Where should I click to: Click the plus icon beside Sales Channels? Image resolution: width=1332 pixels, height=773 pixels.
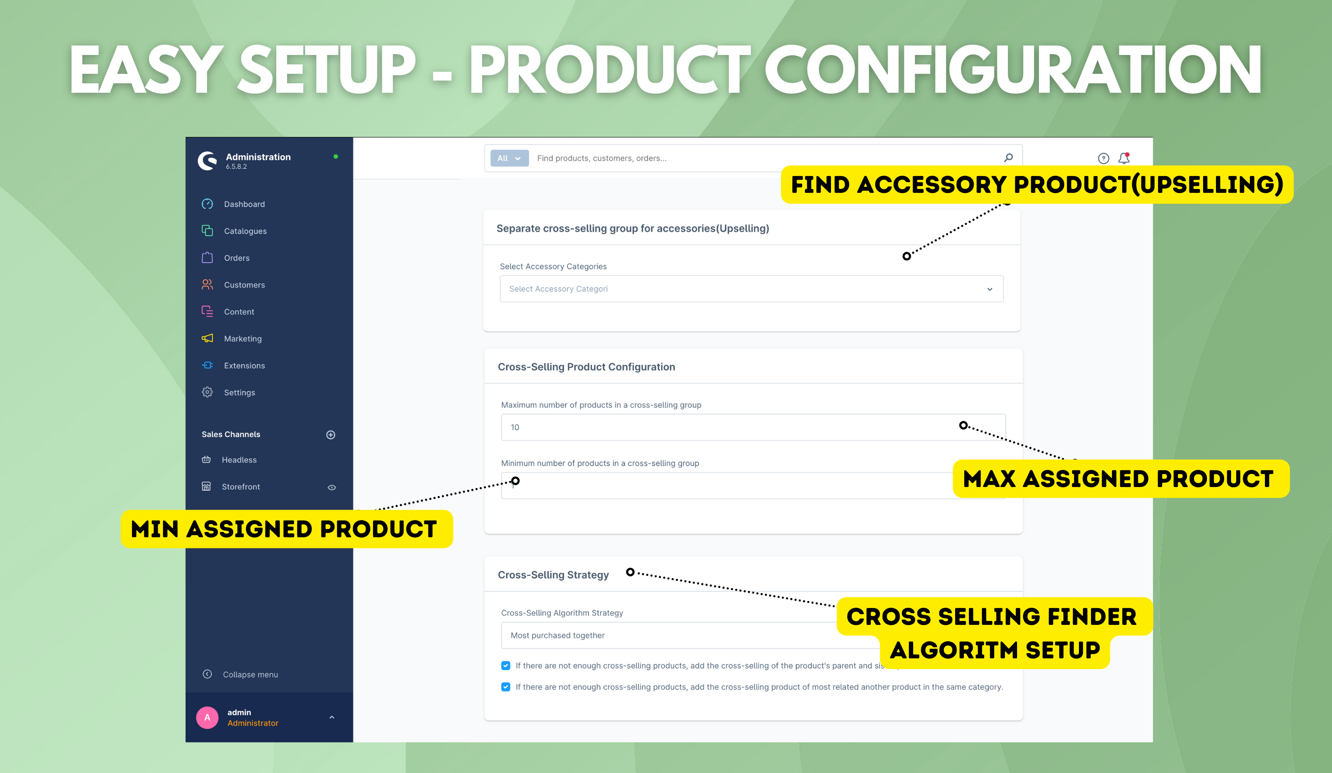(331, 435)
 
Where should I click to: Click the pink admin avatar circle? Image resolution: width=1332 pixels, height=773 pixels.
(207, 718)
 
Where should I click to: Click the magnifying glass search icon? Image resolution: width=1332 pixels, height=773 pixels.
(1008, 158)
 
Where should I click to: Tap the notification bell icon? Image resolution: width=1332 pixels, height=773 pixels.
(1124, 158)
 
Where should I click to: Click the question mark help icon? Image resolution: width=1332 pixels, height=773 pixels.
(1104, 158)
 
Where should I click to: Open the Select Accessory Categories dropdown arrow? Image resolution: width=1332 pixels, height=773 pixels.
(990, 289)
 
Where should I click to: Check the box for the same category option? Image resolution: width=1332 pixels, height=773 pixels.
(506, 687)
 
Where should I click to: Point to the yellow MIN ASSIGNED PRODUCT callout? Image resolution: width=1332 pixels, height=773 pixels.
(287, 529)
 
